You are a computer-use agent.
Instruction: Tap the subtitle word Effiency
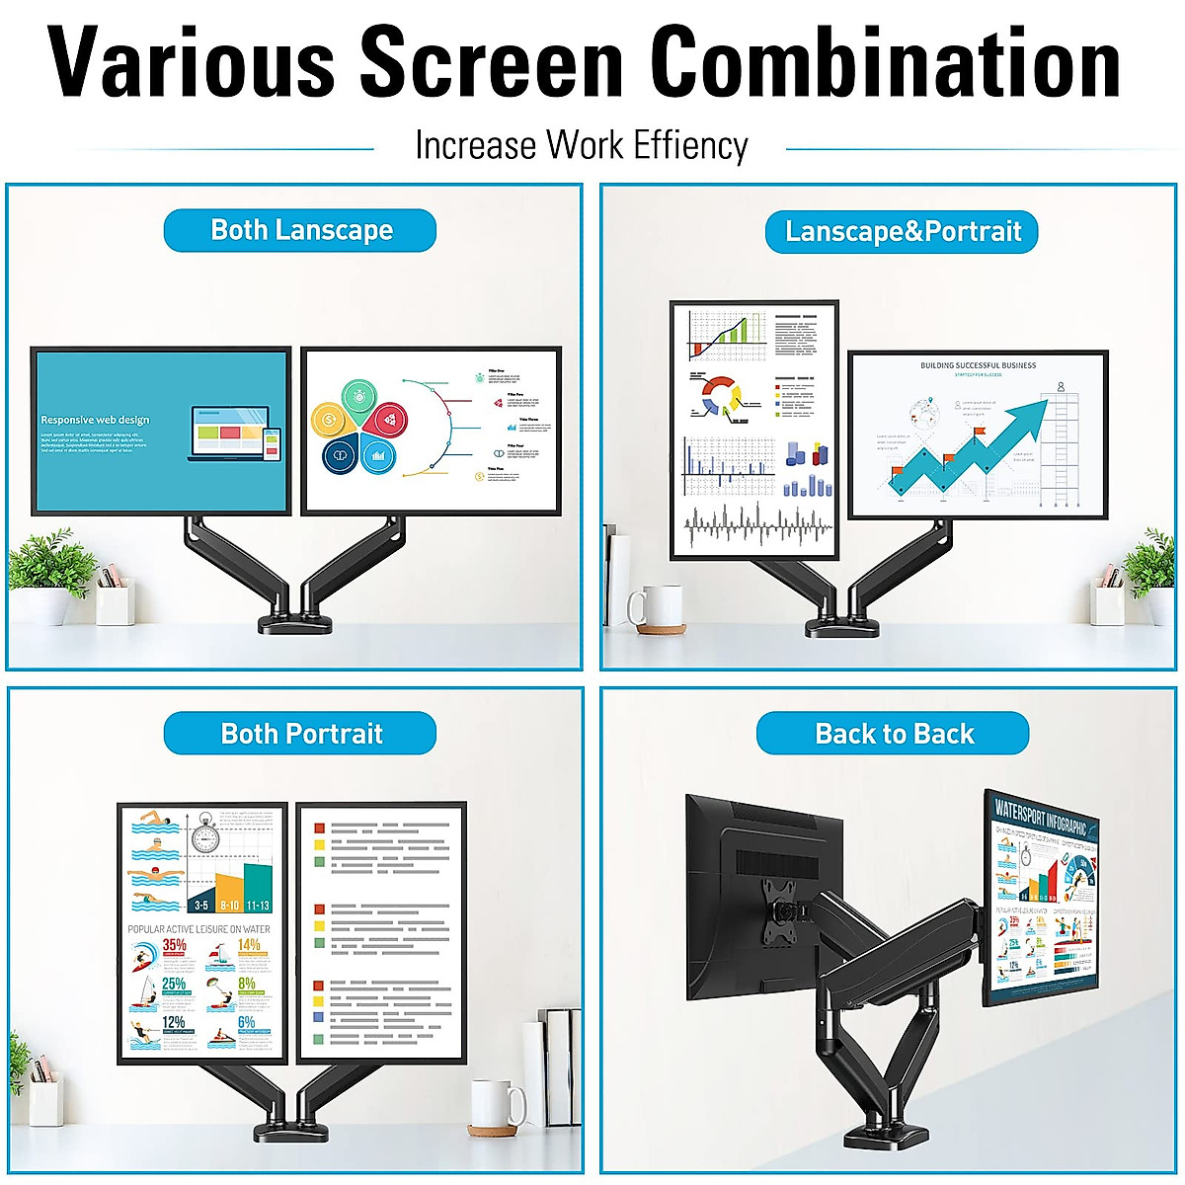[690, 145]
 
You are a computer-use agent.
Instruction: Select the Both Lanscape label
[300, 230]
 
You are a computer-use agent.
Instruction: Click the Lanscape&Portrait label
[903, 232]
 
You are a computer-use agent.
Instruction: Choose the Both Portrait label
[300, 734]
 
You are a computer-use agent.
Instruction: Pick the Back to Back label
[894, 734]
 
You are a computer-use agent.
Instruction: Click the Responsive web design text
[95, 420]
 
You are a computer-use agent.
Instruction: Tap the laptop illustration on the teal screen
[227, 432]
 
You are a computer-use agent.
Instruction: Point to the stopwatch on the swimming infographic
[204, 835]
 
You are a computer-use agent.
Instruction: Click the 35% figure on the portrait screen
[174, 946]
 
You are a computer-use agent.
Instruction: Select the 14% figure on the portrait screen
[249, 946]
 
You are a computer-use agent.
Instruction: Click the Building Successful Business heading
[978, 365]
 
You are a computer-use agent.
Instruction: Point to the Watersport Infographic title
[1040, 816]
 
